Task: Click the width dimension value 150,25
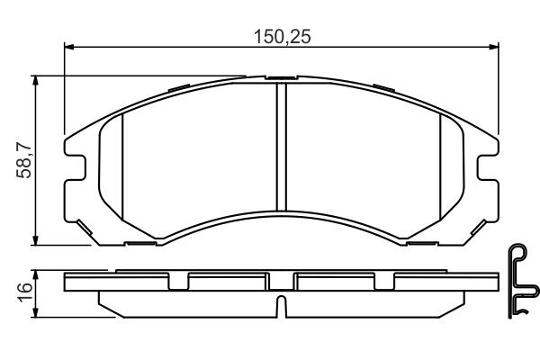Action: [x=282, y=37]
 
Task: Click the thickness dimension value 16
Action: [x=25, y=292]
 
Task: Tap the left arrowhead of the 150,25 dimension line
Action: [x=69, y=47]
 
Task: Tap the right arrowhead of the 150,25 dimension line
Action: [x=494, y=47]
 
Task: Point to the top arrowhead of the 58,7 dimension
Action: [x=35, y=81]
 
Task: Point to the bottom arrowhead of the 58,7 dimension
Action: [x=35, y=240]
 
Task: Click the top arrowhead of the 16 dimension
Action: [x=35, y=274]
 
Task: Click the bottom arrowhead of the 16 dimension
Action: [x=35, y=313]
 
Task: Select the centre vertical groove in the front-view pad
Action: [x=282, y=147]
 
